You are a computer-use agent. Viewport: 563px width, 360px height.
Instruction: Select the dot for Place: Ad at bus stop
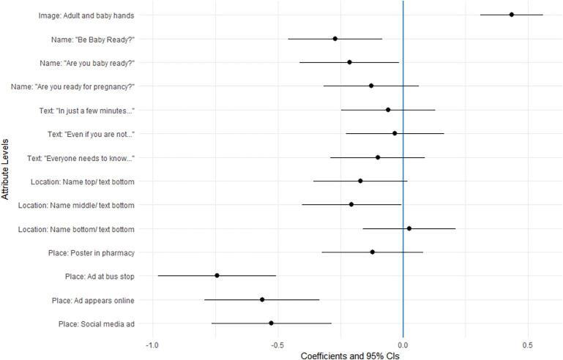(x=217, y=275)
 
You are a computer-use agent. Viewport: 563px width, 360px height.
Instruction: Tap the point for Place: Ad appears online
(x=262, y=299)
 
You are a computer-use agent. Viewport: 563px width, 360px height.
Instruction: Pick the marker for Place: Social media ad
(x=271, y=323)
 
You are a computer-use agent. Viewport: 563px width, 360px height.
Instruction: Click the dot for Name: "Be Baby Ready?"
(x=335, y=39)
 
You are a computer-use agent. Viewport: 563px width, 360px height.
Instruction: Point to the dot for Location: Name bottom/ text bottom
(x=409, y=228)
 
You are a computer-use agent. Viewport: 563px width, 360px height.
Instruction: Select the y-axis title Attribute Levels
(x=6, y=170)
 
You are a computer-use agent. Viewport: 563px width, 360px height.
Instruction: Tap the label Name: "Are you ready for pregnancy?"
(x=72, y=86)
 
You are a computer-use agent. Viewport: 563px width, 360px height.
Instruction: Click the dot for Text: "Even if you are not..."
(x=395, y=133)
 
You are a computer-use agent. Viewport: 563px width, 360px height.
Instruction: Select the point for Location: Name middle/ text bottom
(x=351, y=204)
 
